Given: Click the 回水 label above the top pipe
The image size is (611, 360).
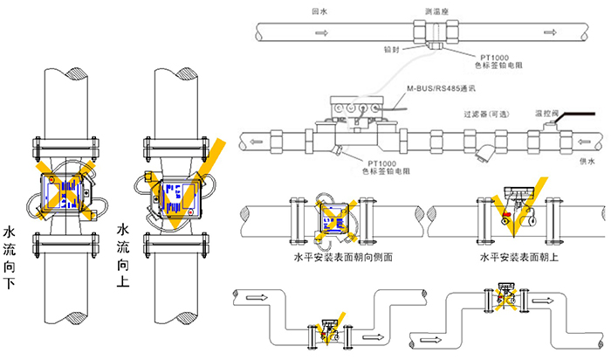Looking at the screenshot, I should (319, 12).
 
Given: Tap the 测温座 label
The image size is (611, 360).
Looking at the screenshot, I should (436, 12).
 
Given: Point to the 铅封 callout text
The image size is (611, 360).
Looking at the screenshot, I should (392, 50).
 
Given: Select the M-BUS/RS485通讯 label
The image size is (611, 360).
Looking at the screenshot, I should (442, 88).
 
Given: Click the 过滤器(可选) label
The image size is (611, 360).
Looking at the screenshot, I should (485, 114).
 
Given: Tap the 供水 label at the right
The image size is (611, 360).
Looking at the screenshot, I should (587, 161).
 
